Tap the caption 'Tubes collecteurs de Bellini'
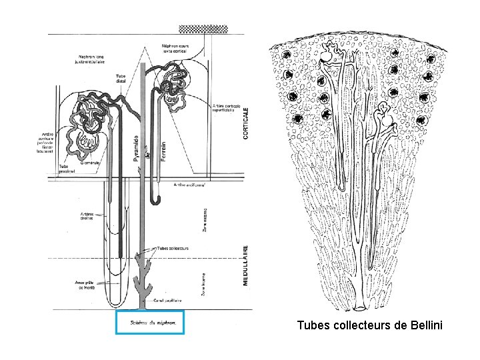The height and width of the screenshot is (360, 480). pyautogui.click(x=369, y=326)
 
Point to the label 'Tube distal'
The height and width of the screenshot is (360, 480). pyautogui.click(x=121, y=78)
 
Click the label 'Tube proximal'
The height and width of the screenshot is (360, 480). pyautogui.click(x=67, y=169)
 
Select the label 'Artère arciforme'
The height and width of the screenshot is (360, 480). pyautogui.click(x=189, y=185)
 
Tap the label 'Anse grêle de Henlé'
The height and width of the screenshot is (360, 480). pyautogui.click(x=86, y=285)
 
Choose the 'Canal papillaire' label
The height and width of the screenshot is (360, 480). pyautogui.click(x=169, y=301)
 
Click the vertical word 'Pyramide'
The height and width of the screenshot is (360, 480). pyautogui.click(x=137, y=147)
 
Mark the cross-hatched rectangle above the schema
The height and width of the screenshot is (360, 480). pyautogui.click(x=203, y=29)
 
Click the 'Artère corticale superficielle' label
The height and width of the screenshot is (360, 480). pyautogui.click(x=227, y=109)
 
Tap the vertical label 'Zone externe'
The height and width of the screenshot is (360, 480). pyautogui.click(x=205, y=219)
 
